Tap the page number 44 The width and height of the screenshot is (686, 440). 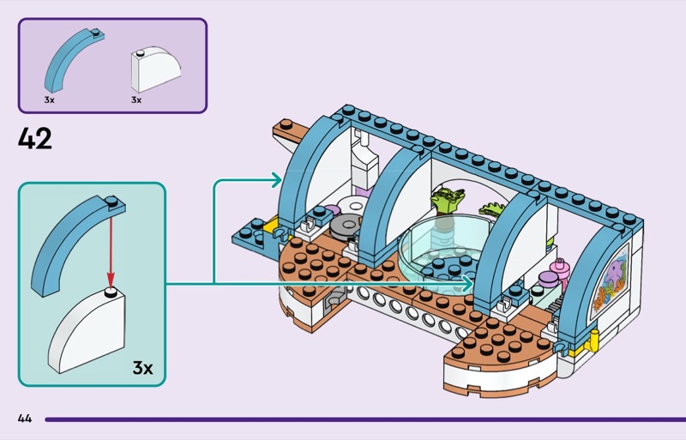pos(24,419)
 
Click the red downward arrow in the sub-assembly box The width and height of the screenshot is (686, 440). pos(109,250)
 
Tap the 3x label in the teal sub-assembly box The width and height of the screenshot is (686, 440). pos(142,368)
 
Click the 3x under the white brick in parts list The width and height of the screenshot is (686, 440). pos(136,100)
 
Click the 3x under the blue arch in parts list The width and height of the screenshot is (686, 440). pos(49,100)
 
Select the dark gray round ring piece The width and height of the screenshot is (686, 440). pos(343,226)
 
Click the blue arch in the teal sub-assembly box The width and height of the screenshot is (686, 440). pos(70,239)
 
